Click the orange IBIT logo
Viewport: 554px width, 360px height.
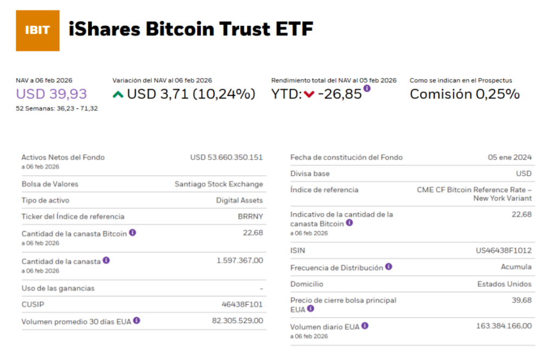[x=37, y=30]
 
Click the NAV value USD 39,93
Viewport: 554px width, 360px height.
[x=51, y=94]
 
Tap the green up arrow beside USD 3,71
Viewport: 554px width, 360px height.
[x=118, y=95]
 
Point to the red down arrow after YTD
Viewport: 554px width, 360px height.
[x=309, y=95]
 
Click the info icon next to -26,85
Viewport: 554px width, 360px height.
[x=367, y=88]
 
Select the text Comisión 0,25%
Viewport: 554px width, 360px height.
[x=464, y=94]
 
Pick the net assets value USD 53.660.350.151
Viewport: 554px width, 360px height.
[x=226, y=158]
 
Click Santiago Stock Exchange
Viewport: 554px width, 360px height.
[x=219, y=184]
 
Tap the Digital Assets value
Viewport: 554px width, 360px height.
[x=239, y=200]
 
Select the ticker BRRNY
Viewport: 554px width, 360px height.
[x=250, y=217]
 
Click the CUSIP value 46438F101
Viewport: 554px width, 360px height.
[x=242, y=304]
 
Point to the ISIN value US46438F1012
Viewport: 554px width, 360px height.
[x=504, y=251]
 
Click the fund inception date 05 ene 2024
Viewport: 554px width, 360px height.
[x=510, y=158]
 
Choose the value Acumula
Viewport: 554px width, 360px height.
[x=516, y=267]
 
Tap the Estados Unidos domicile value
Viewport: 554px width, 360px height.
[x=504, y=284]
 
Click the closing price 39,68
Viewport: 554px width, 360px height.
[x=522, y=300]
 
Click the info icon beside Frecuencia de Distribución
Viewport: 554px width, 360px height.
[x=388, y=267]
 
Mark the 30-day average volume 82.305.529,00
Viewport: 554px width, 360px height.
[x=238, y=321]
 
